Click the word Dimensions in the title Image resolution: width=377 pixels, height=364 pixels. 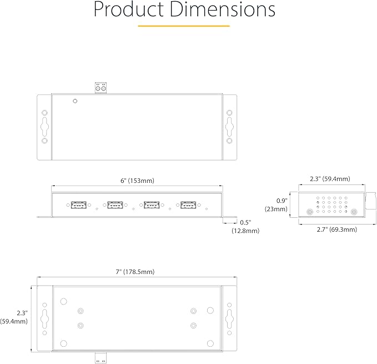[x=223, y=9]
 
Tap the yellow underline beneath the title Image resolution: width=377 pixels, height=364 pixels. [x=184, y=26]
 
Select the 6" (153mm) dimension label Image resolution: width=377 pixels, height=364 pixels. [x=137, y=181]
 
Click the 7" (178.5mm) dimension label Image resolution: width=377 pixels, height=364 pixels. [x=135, y=272]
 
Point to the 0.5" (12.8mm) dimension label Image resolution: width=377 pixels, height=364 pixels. [x=245, y=227]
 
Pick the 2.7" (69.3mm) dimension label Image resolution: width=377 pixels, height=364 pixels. [x=336, y=230]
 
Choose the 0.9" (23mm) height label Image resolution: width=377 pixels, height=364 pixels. [x=277, y=205]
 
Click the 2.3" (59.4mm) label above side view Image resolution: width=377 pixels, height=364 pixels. [x=330, y=179]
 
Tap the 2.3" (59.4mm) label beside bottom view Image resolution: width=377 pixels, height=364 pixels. [x=14, y=317]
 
